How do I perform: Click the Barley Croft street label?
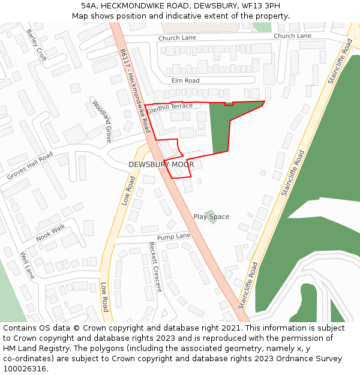[36, 44]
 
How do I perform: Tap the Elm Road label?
[185, 80]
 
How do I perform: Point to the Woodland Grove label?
[102, 121]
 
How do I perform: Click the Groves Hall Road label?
[29, 166]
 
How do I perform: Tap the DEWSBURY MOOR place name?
[161, 164]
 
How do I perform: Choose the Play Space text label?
[211, 217]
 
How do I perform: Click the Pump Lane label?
[173, 236]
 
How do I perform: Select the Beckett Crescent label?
[155, 266]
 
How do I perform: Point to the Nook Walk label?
[50, 233]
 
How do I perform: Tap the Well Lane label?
[28, 265]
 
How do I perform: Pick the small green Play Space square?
[209, 214]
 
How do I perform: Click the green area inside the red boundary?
[225, 129]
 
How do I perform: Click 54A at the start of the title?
[89, 5]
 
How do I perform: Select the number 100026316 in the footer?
[25, 368]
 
